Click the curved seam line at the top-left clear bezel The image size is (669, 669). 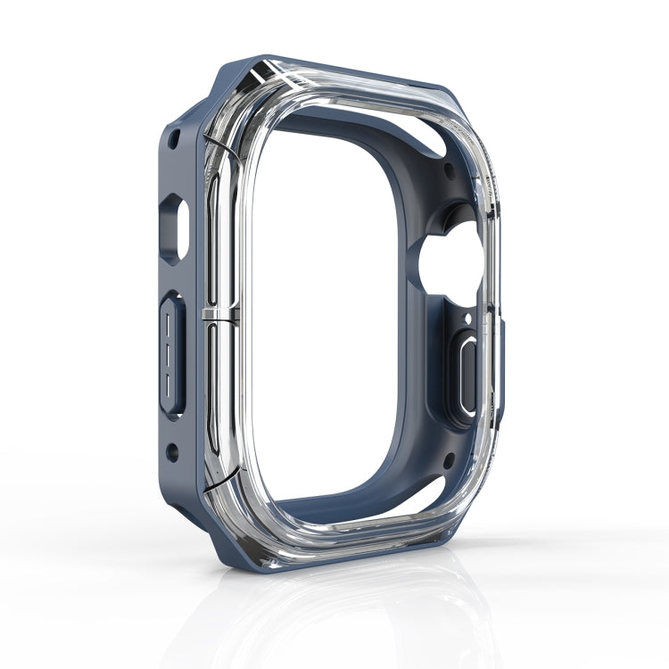pos(212,142)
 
